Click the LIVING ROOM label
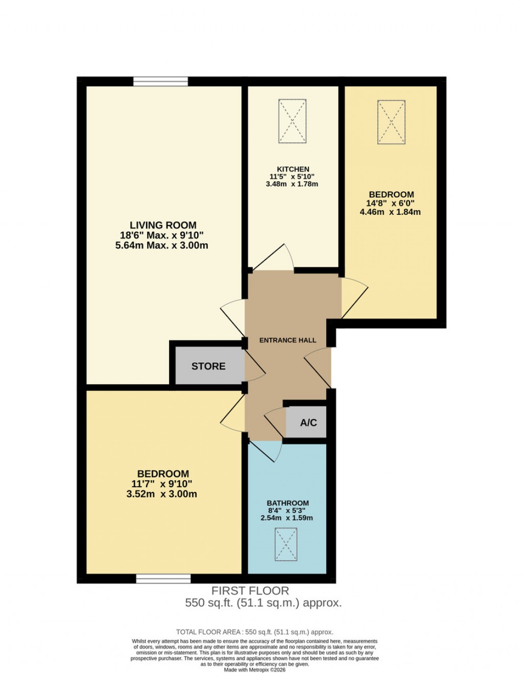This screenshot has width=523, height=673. [162, 225]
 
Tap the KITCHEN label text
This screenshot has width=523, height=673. [293, 169]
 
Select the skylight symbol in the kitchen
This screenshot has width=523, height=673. [292, 121]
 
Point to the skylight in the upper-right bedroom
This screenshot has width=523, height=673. [391, 122]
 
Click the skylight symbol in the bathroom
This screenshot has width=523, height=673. [286, 544]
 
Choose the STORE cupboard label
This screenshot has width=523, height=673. [208, 366]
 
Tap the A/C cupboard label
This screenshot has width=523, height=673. [308, 422]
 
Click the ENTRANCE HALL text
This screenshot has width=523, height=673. [288, 340]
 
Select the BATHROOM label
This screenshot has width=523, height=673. [288, 503]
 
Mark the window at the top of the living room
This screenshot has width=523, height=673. [160, 82]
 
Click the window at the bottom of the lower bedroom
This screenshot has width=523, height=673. [163, 579]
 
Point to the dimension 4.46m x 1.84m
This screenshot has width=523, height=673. [390, 212]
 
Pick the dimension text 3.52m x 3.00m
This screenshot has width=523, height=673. [162, 494]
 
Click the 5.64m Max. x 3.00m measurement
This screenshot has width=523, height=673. [162, 245]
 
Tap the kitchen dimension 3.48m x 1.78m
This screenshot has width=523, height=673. [292, 184]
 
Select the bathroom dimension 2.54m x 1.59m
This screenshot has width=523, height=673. [287, 518]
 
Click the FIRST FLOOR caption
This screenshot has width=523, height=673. [250, 591]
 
